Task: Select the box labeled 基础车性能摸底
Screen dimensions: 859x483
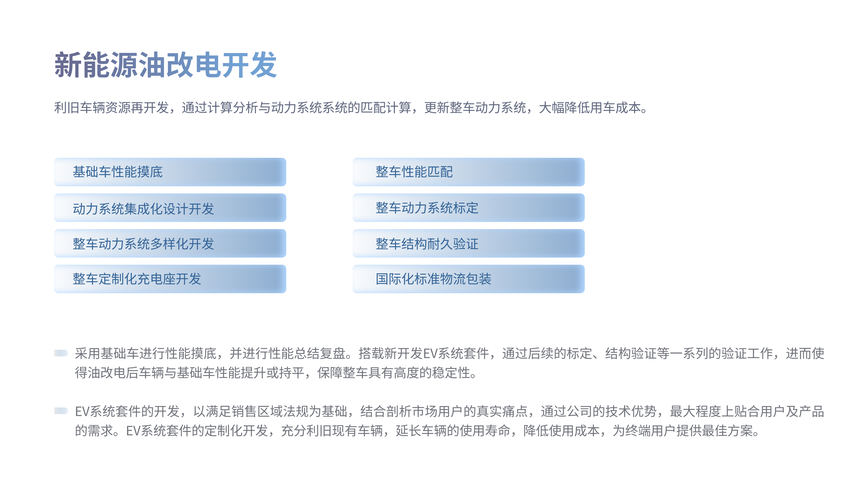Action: [x=170, y=172]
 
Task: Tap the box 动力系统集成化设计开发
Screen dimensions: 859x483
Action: [x=170, y=208]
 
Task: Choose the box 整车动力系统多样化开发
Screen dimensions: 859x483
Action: [x=170, y=243]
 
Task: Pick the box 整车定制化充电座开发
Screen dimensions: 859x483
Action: [x=170, y=279]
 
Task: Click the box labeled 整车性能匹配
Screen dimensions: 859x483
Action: [x=469, y=172]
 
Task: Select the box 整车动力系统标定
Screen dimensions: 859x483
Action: [x=469, y=208]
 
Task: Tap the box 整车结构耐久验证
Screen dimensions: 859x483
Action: [x=469, y=243]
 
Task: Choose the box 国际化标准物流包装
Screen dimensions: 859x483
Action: [x=469, y=279]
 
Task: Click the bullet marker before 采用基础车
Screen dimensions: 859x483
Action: [x=61, y=353]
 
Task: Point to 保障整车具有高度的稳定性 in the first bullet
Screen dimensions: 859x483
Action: [x=394, y=373]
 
